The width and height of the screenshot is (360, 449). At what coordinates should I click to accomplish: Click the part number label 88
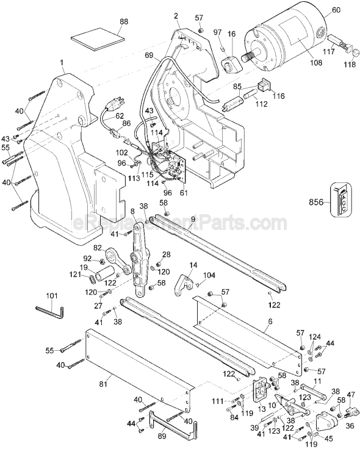click(124, 22)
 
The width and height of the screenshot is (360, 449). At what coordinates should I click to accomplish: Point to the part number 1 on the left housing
click(62, 63)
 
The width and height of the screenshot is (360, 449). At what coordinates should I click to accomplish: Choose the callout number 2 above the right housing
click(176, 16)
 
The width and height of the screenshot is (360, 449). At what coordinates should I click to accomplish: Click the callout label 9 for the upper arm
click(192, 219)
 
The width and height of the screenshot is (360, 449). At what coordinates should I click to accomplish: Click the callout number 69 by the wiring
click(148, 56)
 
